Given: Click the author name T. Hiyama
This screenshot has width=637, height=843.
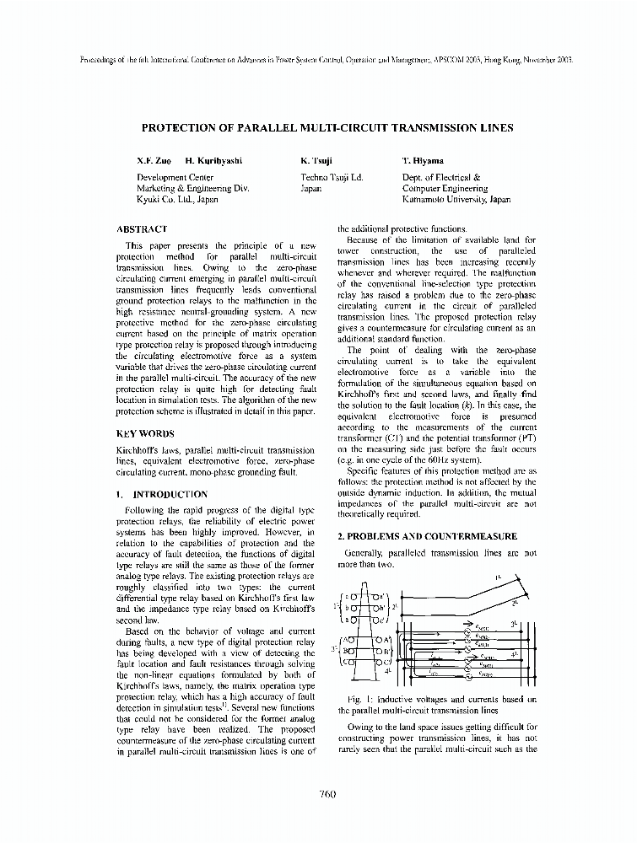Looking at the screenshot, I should [424, 160].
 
